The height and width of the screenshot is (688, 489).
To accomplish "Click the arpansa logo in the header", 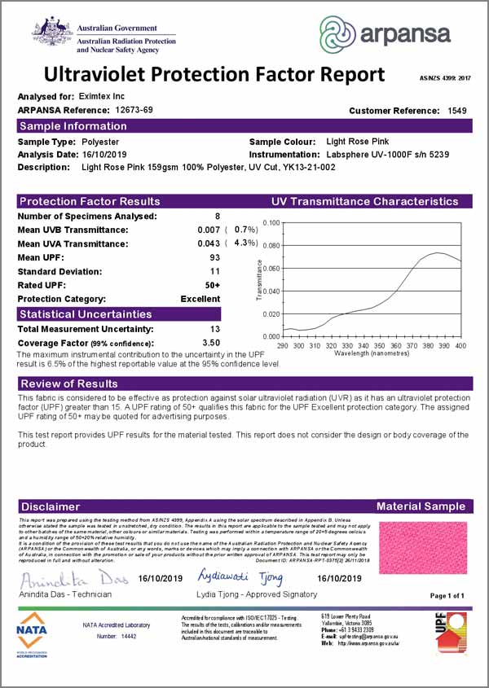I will tap(385, 34).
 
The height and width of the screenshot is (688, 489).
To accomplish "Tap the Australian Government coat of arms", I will tap(54, 33).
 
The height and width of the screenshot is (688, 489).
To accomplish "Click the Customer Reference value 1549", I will tap(457, 110).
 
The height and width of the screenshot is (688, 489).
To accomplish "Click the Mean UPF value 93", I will tap(215, 257).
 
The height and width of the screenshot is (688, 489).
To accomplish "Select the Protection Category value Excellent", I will tap(200, 299).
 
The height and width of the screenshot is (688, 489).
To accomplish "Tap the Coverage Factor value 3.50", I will tap(211, 343).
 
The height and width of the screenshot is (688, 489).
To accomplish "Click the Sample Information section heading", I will tap(73, 126).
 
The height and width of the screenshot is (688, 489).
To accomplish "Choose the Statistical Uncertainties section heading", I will tap(86, 313).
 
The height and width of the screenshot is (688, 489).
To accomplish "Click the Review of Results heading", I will tap(69, 383).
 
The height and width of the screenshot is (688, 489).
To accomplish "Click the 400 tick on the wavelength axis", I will tap(460, 345).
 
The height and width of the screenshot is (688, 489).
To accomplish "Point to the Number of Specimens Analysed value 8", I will tap(217, 216).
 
